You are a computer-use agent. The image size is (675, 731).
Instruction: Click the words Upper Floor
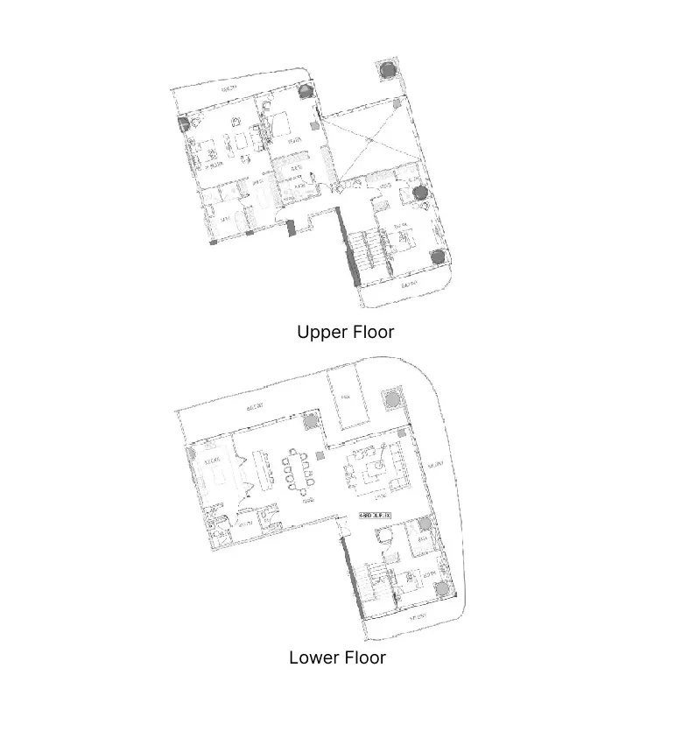coord(345,333)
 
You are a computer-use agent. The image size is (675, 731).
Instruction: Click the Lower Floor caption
coord(337,657)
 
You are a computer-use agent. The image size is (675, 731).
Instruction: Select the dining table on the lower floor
coord(299,471)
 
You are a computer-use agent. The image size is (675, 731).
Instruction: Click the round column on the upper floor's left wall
coord(183,123)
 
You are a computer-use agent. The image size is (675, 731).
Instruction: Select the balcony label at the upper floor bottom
coord(408,285)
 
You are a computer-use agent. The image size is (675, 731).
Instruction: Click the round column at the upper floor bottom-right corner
coord(438,257)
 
